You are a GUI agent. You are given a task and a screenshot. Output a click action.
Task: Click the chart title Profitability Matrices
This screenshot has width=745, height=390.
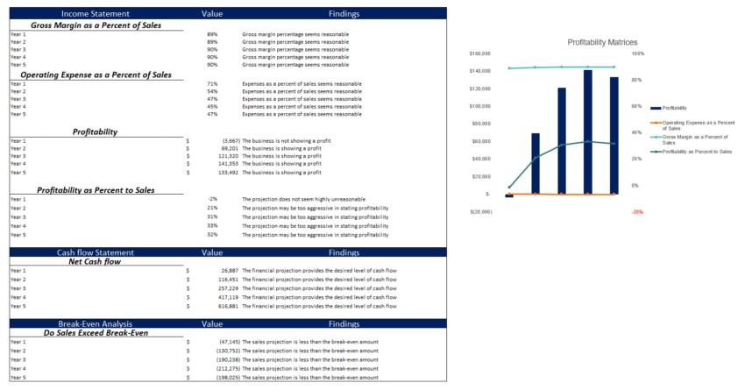602,42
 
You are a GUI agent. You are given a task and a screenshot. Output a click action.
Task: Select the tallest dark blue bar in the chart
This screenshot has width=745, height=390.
587,131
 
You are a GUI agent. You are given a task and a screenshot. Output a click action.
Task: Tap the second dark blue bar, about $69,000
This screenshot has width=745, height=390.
536,163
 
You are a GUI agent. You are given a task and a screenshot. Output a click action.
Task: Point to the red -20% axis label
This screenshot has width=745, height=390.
637,211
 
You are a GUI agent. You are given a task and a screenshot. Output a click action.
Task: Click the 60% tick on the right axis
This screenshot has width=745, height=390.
637,106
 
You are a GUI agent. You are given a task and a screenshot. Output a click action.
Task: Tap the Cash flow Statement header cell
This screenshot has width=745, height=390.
89,252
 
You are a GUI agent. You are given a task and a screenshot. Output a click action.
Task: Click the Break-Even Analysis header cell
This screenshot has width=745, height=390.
89,323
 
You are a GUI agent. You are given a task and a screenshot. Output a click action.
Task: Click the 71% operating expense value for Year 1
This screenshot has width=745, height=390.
212,83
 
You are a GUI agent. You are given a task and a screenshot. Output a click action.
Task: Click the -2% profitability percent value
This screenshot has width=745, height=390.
212,199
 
